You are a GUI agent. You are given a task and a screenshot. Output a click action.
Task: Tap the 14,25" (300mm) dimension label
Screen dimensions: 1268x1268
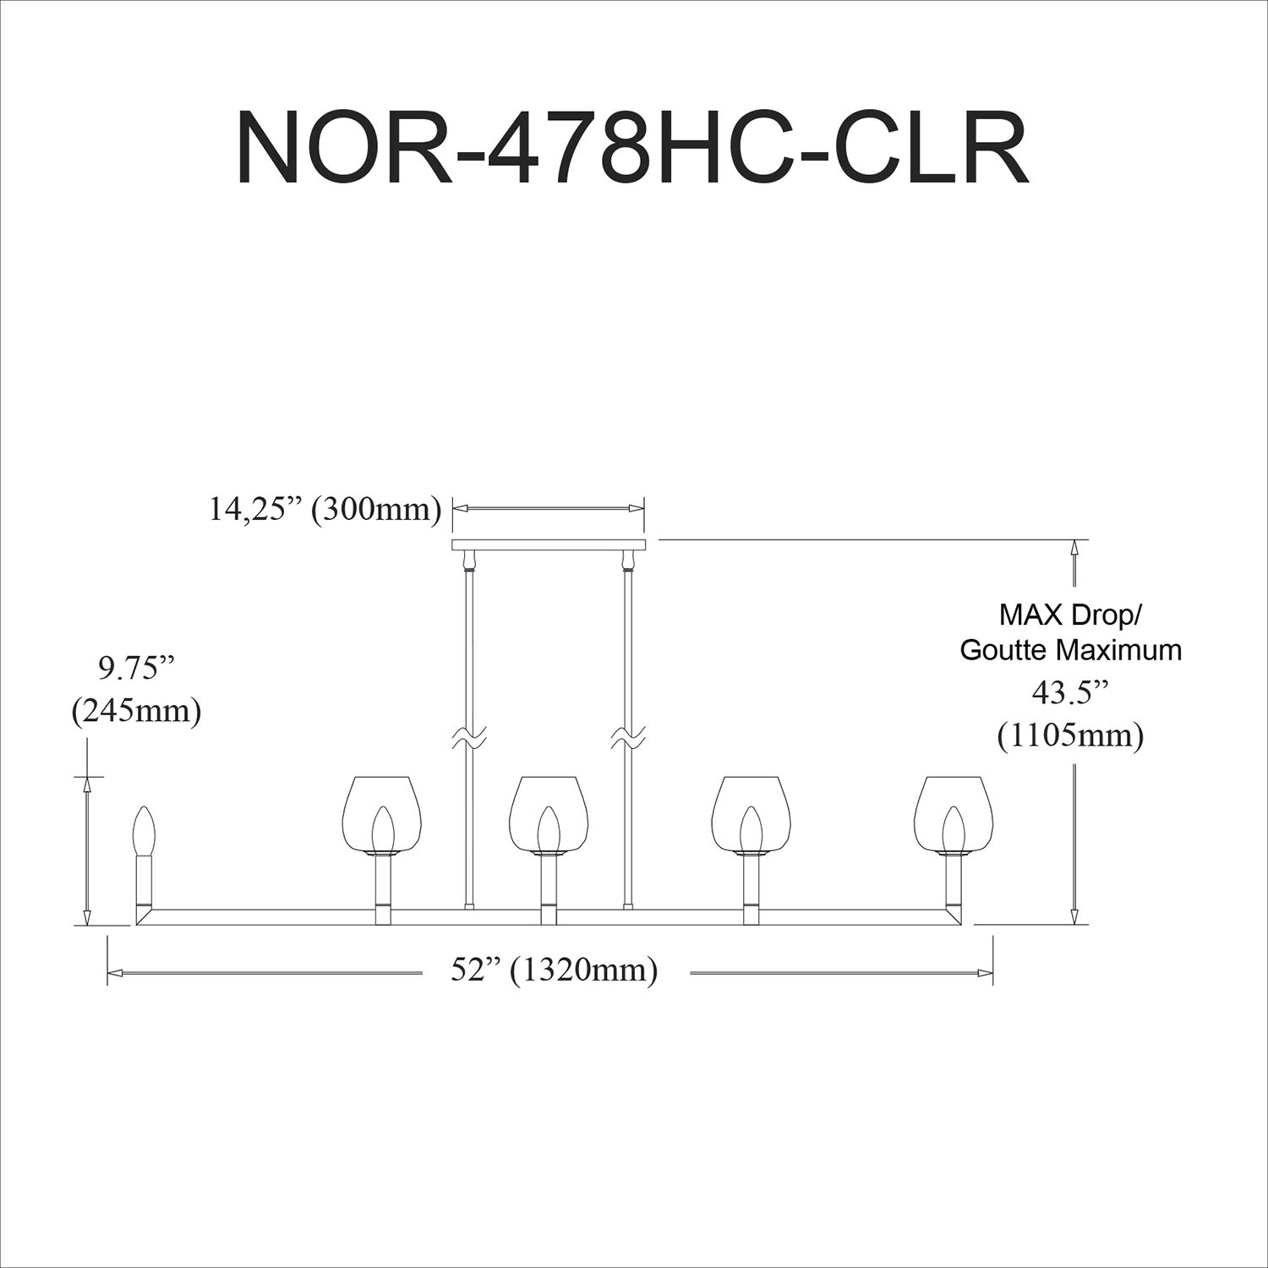pos(325,510)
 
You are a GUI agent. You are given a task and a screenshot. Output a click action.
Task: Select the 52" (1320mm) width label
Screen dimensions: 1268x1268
pos(554,970)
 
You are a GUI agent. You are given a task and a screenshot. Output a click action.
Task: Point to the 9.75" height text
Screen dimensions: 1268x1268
pos(135,669)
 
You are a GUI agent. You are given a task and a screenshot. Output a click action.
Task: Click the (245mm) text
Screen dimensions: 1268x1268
pos(136,712)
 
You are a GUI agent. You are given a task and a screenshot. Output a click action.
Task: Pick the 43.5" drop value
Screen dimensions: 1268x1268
pos(1069,693)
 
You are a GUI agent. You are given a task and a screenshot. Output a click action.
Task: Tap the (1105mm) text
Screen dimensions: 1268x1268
pos(1070,736)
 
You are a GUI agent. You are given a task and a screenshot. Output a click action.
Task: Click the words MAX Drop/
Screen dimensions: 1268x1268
pos(1069,615)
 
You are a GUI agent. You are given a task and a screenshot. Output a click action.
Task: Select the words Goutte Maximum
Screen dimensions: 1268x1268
pos(1070,650)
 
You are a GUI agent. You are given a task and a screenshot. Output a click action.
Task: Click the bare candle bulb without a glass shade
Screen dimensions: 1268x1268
pos(145,833)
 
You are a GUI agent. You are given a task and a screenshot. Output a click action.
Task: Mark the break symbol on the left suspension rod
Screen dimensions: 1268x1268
pos(467,738)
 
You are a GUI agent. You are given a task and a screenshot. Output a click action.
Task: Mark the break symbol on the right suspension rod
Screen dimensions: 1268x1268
pos(627,738)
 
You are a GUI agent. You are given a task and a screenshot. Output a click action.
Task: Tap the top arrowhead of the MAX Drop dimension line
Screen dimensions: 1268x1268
pos(1074,547)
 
